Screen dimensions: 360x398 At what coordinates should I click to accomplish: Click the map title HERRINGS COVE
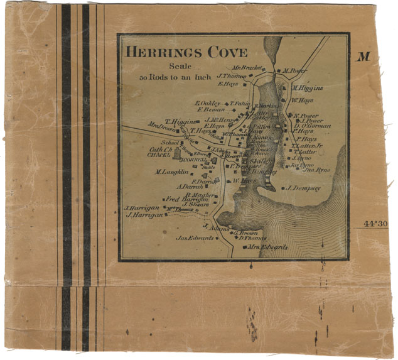click(186, 52)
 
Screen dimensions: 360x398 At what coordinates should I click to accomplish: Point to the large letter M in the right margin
click(363, 57)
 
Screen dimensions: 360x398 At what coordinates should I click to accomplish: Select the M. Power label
click(296, 71)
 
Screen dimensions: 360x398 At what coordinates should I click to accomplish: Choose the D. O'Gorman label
click(312, 125)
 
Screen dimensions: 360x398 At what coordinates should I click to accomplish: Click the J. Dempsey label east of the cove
click(304, 187)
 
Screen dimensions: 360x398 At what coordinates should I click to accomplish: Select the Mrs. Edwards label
click(267, 248)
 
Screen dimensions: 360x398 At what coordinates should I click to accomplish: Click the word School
click(170, 143)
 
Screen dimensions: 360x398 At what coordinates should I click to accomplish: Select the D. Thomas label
click(252, 238)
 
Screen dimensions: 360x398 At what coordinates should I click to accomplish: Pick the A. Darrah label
click(188, 187)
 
